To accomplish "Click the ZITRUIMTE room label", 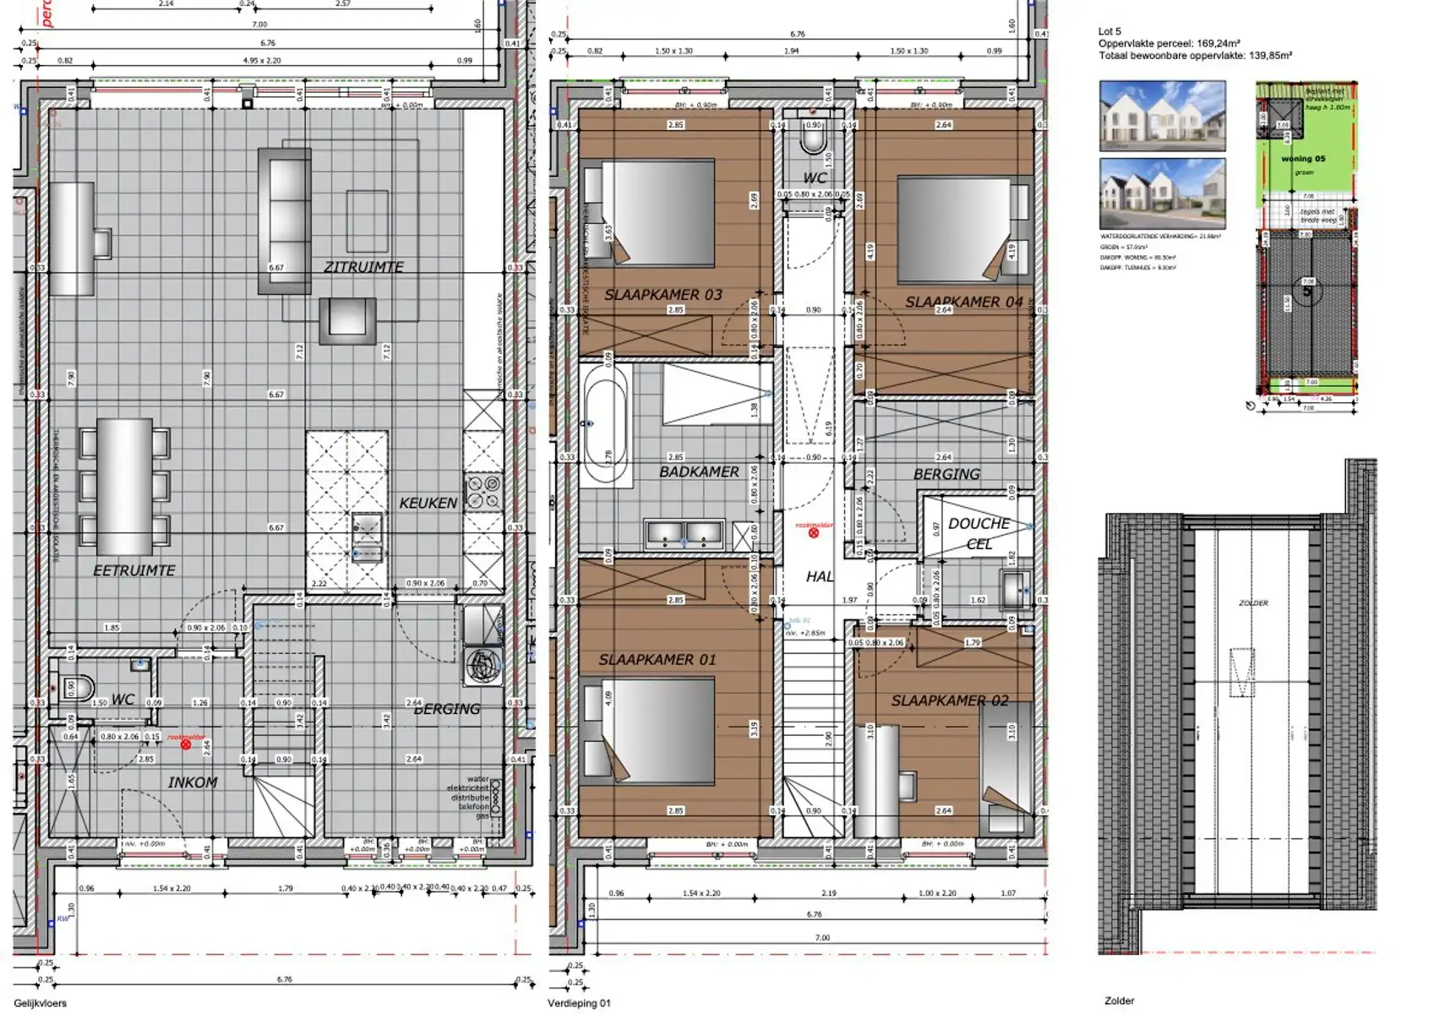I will (363, 267).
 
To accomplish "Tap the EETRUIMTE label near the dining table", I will (134, 571).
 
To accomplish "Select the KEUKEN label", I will (428, 503).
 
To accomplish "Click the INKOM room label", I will (193, 782).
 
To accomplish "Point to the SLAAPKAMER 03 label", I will (662, 295).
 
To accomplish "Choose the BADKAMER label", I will (699, 472).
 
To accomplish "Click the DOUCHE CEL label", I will (979, 533).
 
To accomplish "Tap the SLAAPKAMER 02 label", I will (949, 701).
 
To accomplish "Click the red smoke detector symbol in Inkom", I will (186, 744).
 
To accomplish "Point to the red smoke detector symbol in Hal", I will (814, 533).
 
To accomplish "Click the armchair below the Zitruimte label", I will (347, 320).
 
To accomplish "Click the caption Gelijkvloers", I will (41, 1003).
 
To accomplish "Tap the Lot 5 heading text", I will (1110, 31).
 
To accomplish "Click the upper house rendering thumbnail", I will (1162, 115).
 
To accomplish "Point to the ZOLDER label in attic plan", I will (1253, 603).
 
